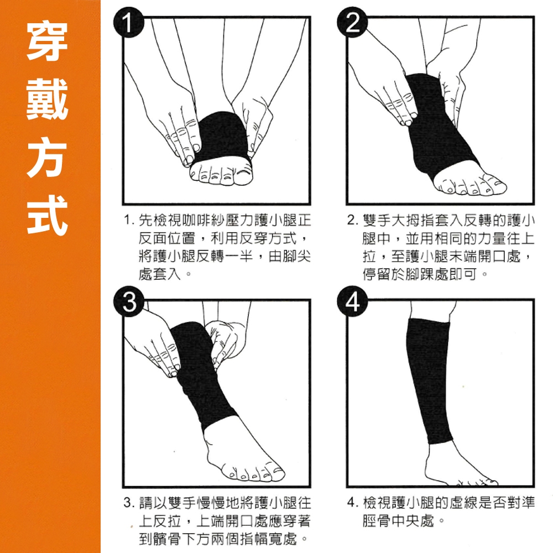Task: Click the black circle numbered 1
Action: pyautogui.click(x=128, y=22)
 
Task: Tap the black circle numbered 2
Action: pyautogui.click(x=352, y=22)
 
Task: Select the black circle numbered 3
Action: pyautogui.click(x=128, y=301)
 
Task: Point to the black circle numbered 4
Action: pyautogui.click(x=352, y=301)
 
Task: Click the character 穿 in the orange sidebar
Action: pyautogui.click(x=48, y=41)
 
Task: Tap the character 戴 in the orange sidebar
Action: pyautogui.click(x=48, y=99)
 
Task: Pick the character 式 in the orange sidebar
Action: pyautogui.click(x=48, y=215)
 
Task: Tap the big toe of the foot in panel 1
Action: pyautogui.click(x=243, y=175)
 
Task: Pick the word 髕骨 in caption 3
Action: pyautogui.click(x=168, y=539)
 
